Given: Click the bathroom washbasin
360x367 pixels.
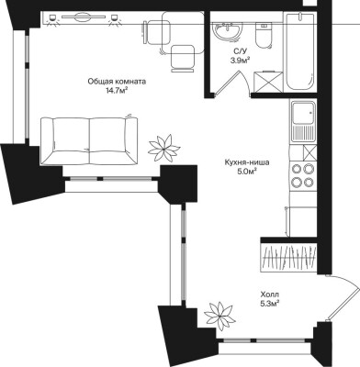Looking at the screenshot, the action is point(227,31).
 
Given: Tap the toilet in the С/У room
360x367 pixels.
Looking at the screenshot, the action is point(264,36).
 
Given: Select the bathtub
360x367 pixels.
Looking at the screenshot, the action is point(300,51).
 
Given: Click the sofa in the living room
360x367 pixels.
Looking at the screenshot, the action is point(89,140).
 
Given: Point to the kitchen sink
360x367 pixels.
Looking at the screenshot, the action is point(303,121).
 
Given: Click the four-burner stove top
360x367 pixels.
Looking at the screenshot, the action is point(303,175).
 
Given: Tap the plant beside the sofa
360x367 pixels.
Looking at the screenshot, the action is point(163,149).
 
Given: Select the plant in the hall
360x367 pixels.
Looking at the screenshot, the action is point(219,316).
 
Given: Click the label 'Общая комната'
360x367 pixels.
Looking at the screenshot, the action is point(117,82).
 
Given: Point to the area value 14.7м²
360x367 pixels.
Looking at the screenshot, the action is point(117,90).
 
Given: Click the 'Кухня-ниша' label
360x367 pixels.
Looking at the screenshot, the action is point(246,162).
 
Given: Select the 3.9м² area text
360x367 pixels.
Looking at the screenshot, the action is point(240,61).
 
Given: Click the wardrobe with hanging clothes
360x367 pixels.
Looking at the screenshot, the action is point(288,258).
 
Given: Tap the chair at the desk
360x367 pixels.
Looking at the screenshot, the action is point(183,58).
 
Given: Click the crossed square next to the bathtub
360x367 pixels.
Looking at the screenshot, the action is point(268,82).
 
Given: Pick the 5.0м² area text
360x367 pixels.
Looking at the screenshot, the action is point(247,172).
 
